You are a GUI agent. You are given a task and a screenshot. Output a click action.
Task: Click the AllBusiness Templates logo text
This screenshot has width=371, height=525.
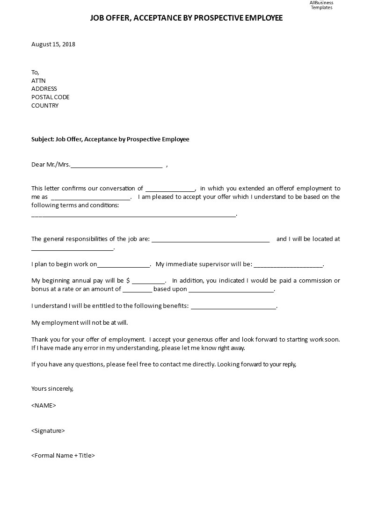[x=321, y=5]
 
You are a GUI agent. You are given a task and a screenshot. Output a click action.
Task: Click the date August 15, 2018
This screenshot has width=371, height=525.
[x=53, y=44]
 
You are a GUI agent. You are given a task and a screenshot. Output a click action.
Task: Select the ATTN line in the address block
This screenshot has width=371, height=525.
[x=38, y=80]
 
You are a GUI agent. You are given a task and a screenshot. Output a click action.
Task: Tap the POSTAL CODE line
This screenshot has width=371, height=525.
[x=51, y=97]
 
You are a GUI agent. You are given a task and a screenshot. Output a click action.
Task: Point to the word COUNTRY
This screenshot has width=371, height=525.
[x=45, y=106]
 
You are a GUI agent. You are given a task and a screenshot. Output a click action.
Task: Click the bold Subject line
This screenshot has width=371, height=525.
[x=110, y=139]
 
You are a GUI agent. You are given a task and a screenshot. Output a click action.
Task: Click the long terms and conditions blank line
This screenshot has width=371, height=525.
[x=134, y=215]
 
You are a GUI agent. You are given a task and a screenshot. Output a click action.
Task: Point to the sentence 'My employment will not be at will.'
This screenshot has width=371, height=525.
[x=80, y=323]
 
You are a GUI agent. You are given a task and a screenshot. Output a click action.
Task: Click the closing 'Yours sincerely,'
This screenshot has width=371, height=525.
[x=52, y=388]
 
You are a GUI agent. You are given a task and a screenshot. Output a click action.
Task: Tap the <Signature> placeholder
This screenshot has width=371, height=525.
[x=48, y=430]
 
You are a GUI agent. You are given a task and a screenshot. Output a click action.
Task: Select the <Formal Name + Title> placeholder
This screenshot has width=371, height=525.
[x=63, y=455]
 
